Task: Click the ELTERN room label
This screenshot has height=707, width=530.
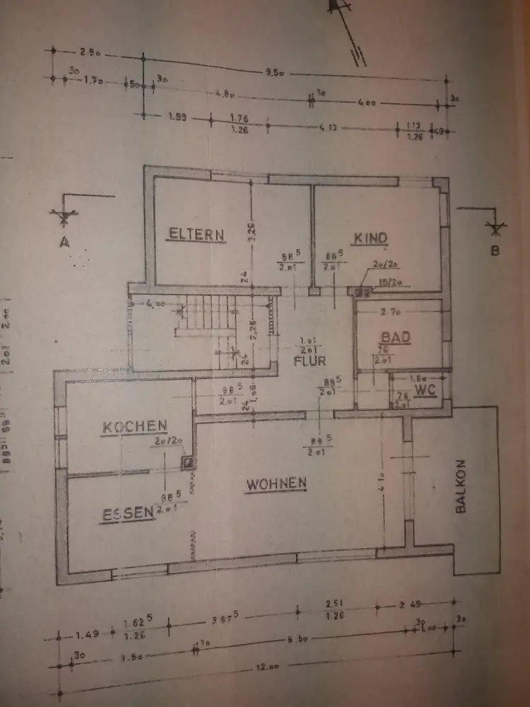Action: [196, 234]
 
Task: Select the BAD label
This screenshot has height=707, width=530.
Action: [395, 337]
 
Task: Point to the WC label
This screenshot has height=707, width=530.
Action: [425, 390]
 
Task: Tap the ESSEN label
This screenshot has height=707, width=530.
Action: [126, 513]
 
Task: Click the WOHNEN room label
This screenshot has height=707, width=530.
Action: [276, 484]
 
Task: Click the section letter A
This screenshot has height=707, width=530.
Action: [64, 242]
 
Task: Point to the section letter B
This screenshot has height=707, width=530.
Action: [495, 250]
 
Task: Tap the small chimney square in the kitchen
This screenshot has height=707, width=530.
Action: [189, 462]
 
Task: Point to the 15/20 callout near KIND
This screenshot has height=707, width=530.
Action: [389, 283]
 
